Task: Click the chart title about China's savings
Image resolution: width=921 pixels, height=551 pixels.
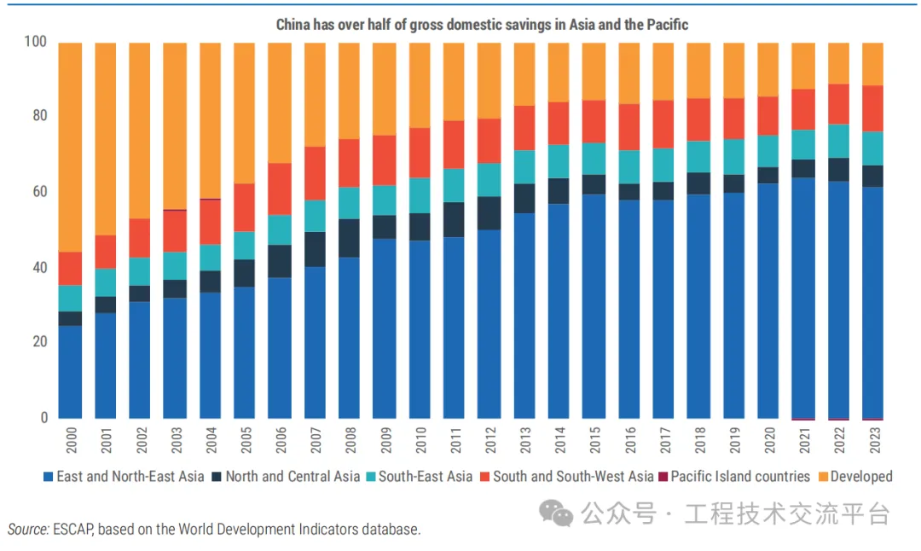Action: (482, 25)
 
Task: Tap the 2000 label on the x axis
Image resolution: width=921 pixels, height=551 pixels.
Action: (70, 441)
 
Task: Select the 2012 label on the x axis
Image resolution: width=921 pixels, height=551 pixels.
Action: (489, 441)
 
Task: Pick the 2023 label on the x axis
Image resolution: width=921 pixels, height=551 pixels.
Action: (872, 441)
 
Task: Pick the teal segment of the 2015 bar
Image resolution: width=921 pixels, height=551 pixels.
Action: (593, 159)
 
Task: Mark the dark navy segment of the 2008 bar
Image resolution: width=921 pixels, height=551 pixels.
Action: (349, 238)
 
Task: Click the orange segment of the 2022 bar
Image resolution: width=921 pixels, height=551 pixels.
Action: (837, 63)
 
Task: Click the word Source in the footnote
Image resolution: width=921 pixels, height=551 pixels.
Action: (26, 530)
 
